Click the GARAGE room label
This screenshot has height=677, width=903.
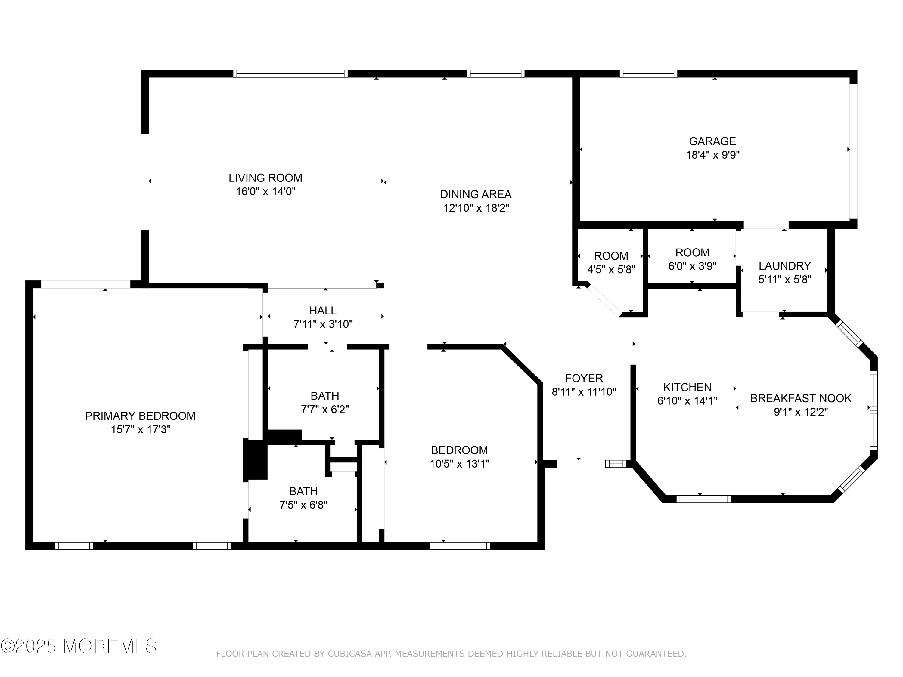click(x=712, y=141)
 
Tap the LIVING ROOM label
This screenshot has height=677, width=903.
click(x=265, y=178)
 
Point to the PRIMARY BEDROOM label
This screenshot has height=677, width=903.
click(x=140, y=416)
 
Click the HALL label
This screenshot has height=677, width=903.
click(x=323, y=311)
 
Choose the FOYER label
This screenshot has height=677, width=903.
click(x=584, y=378)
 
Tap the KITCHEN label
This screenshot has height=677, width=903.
click(x=687, y=387)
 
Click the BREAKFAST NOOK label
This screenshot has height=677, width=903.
click(x=801, y=398)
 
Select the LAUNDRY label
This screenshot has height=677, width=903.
click(x=785, y=266)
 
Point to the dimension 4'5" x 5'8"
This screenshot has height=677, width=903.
click(x=611, y=270)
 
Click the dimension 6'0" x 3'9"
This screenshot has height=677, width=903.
click(x=692, y=266)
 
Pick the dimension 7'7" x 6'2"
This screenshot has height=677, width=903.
click(x=325, y=409)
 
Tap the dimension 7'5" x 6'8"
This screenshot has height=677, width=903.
click(x=303, y=505)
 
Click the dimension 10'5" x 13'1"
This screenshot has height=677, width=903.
click(x=459, y=464)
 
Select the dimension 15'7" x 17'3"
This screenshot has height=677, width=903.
click(x=141, y=429)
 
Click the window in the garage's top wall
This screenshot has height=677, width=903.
click(x=648, y=73)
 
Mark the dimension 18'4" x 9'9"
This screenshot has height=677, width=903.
click(x=713, y=155)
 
